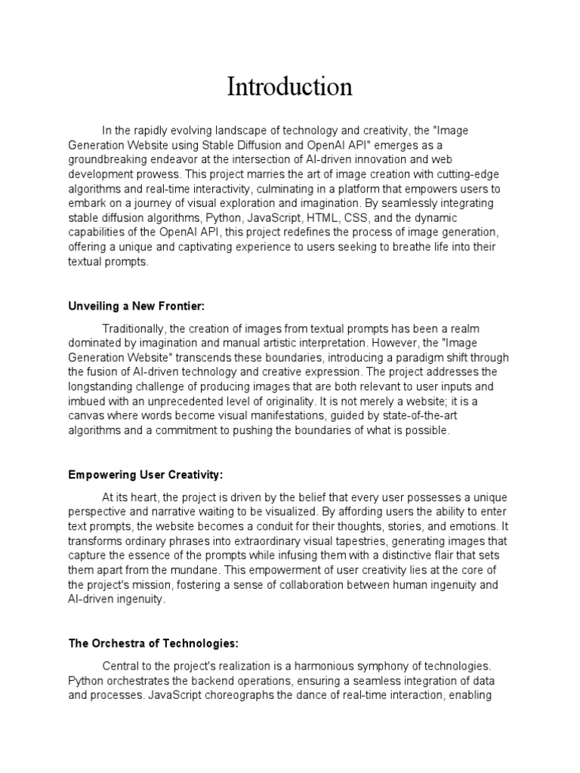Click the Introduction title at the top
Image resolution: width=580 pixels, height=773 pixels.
(289, 88)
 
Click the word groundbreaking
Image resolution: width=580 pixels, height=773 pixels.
(110, 159)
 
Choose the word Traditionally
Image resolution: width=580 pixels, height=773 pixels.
(134, 329)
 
